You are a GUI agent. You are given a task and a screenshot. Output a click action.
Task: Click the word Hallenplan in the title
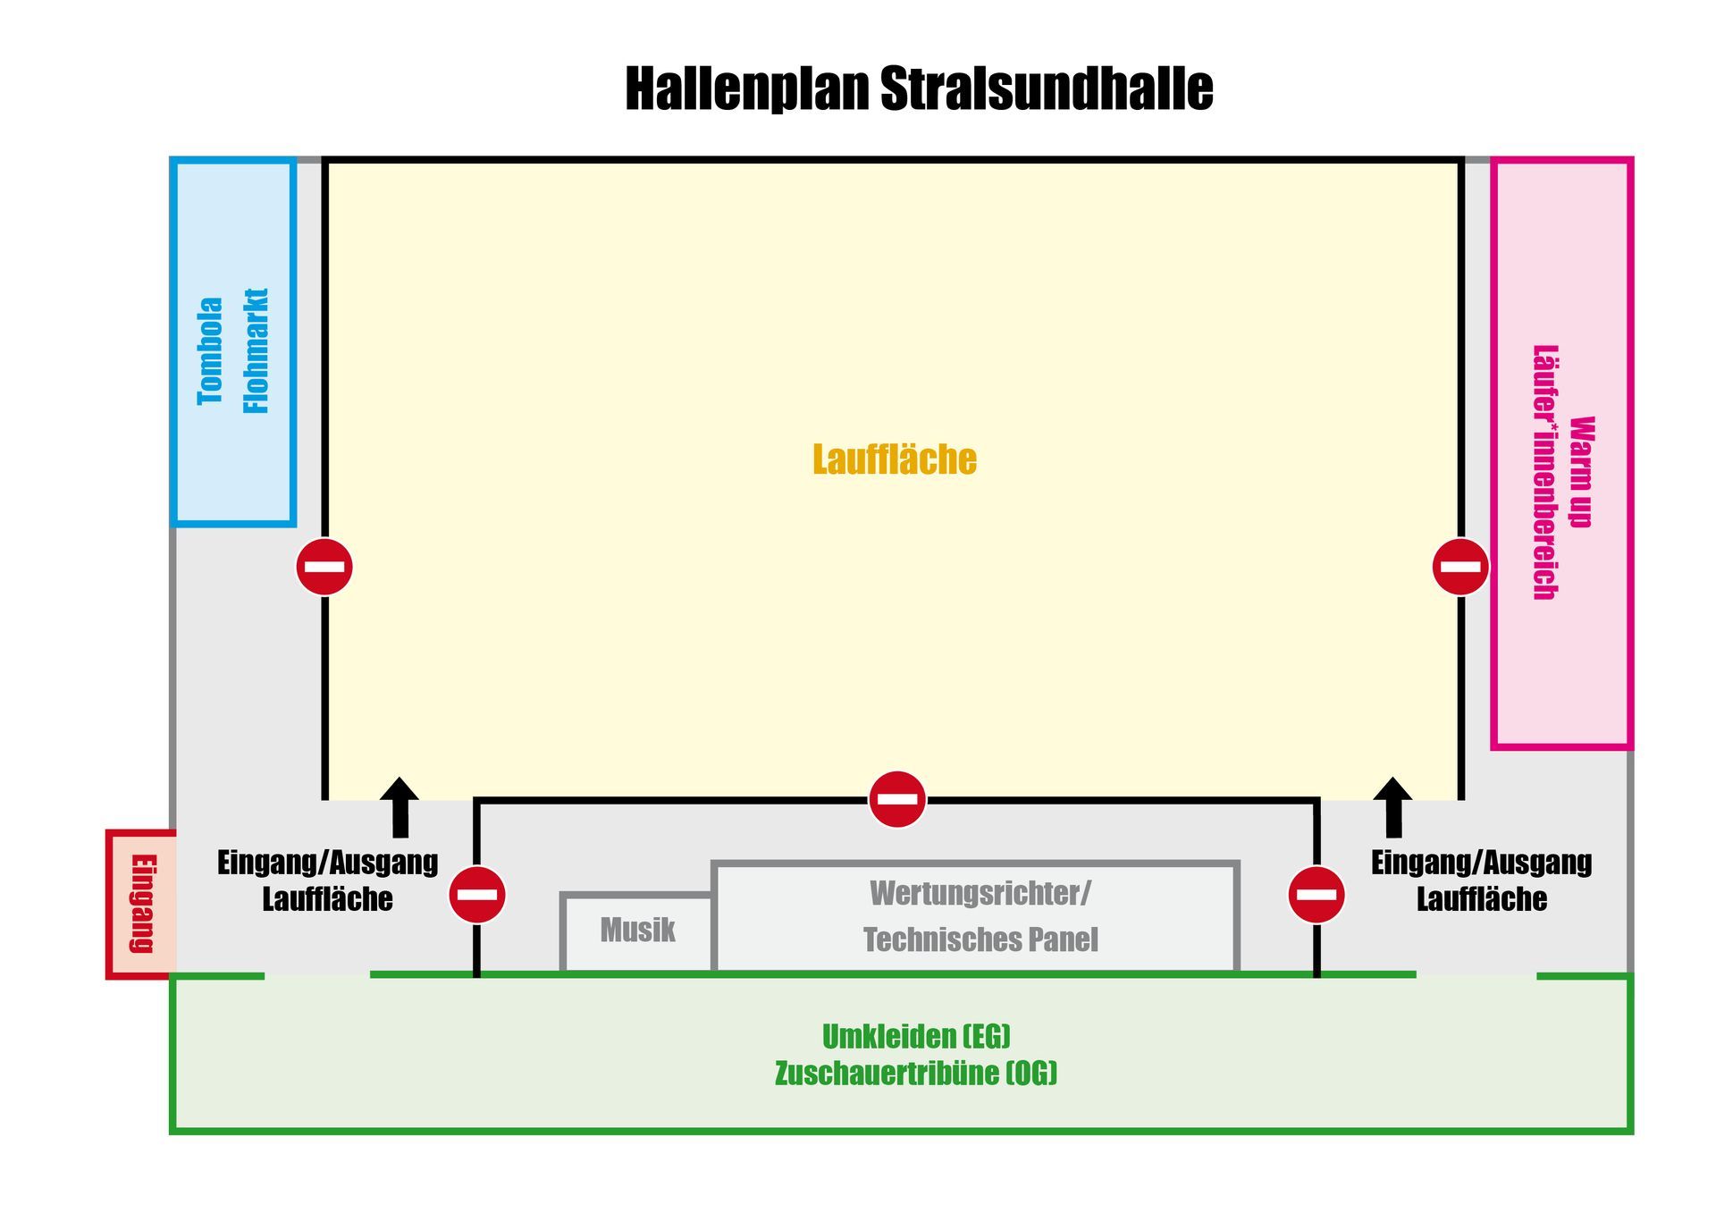pos(747,89)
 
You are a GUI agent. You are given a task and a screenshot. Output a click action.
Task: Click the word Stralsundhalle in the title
pos(1047,88)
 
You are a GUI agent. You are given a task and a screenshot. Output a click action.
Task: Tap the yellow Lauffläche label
pos(895,459)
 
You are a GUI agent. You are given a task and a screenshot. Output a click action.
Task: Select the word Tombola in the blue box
pos(211,351)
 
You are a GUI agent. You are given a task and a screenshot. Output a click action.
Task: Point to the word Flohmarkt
pos(257,351)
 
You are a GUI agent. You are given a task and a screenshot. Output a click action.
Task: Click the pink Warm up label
pos(1581,472)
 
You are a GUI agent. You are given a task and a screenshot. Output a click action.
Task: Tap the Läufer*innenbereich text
pos(1545,472)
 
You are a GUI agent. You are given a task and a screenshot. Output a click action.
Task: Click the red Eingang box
pos(142,904)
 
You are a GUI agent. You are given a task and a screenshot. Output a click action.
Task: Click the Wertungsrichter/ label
pos(980,893)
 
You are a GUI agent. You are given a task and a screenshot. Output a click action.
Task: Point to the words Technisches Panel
pos(980,939)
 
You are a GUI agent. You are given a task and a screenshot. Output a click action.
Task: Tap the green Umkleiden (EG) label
pos(916,1037)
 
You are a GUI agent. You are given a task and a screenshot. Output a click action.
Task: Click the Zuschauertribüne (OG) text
pos(916,1074)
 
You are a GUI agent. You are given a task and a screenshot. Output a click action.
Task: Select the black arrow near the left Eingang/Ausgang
pos(400,808)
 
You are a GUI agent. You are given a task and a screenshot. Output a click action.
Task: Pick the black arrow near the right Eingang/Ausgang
pos(1392,808)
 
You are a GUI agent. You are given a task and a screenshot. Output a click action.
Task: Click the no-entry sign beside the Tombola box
pos(324,567)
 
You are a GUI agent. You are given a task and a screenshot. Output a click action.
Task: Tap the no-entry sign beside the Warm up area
pos(1460,567)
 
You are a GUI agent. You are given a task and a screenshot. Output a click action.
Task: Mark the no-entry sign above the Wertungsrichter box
pos(897,799)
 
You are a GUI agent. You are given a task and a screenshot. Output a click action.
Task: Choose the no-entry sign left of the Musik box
pos(477,895)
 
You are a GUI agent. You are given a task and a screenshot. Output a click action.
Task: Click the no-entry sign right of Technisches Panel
pos(1316,895)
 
